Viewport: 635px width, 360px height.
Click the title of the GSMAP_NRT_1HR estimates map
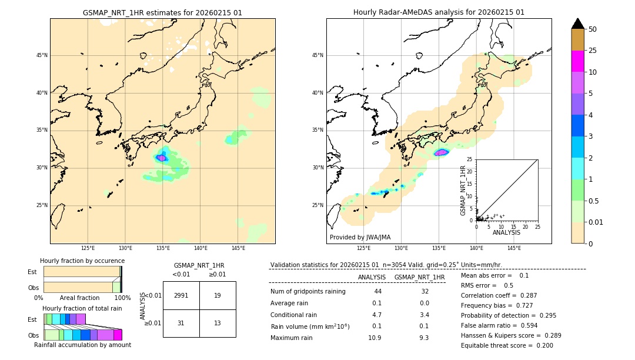[x=162, y=12]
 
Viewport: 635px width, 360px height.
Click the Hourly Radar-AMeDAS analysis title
[x=439, y=12]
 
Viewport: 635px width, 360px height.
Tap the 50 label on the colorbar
[x=593, y=29]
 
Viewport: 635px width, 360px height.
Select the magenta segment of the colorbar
[x=578, y=62]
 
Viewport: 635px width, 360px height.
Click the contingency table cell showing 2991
[x=181, y=295]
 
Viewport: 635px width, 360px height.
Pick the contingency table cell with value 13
[x=218, y=323]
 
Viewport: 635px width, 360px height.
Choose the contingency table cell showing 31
[x=181, y=323]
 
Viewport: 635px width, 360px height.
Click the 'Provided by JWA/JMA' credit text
[x=360, y=237]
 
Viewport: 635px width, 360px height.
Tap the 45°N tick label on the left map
[x=42, y=55]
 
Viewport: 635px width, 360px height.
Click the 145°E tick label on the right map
[x=514, y=248]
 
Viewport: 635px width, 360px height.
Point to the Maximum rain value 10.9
[x=375, y=338]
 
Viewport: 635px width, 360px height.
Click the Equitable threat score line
[x=507, y=345]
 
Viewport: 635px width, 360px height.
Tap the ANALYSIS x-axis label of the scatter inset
[x=506, y=232]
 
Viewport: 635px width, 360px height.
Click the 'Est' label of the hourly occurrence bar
[x=32, y=272]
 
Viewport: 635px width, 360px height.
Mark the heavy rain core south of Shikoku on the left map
[x=161, y=158]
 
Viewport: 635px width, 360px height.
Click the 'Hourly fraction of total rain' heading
[x=82, y=308]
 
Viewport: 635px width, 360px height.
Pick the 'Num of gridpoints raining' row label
[x=308, y=291]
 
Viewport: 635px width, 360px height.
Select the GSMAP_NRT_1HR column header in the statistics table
[x=419, y=277]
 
